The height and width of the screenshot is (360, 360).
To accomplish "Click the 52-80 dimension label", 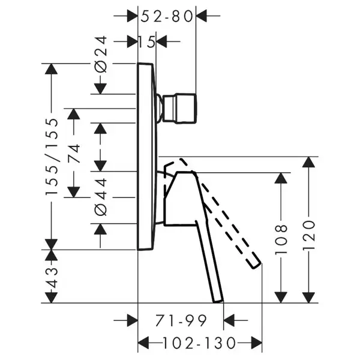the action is [167, 17].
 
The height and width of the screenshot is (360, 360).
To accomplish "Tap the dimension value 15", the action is [147, 42].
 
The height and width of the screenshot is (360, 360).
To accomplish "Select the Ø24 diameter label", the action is [101, 54].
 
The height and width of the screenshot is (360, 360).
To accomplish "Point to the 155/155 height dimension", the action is [52, 157].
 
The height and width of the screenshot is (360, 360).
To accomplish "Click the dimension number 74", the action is [74, 154].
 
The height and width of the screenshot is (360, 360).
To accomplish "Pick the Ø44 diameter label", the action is [101, 197].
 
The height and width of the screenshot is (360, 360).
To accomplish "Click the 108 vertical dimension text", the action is [281, 239].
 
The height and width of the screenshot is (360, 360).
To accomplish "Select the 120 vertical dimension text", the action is [308, 235].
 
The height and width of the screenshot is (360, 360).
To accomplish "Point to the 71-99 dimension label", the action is [181, 321].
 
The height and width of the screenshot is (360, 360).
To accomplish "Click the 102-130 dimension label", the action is [199, 343].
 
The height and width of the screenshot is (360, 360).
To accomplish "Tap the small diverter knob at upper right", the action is [179, 109].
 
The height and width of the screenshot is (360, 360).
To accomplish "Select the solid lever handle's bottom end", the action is [218, 301].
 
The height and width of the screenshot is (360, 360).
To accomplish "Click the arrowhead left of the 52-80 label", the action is [132, 16].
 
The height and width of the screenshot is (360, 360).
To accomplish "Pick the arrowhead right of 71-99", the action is [229, 320].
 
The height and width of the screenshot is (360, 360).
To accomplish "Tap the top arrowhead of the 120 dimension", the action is [308, 162].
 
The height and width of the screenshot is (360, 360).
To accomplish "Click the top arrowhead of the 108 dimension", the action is [281, 178].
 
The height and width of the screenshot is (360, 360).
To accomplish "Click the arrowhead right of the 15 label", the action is [161, 41].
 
